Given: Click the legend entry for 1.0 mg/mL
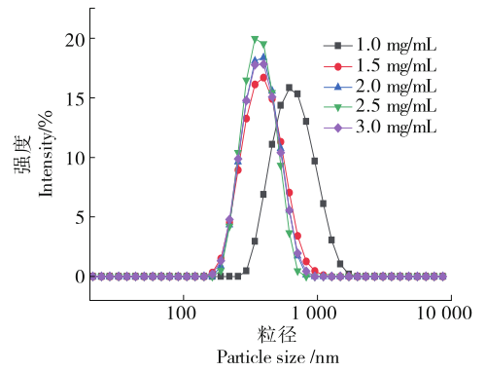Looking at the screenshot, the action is pos(380,45).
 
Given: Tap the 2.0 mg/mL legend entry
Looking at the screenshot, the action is pos(380,87).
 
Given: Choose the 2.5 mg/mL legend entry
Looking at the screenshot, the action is pos(380,107).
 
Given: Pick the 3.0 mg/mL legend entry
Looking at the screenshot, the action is pos(380,128).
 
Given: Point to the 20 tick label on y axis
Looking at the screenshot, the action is pos(75,40).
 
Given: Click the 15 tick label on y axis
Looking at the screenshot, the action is pos(76,98).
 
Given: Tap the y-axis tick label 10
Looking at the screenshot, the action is pos(76,158).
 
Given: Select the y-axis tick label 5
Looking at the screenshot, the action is pos(81,217).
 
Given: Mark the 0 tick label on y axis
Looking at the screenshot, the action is pos(81,277).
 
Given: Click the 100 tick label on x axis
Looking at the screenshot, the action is pos(182,314).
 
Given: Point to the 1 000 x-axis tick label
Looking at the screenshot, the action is pos(314,314).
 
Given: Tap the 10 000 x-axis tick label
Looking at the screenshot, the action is pos(444,314).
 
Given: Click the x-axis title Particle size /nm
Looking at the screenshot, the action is pos(278,357).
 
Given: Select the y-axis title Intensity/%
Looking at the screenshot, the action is pos(46,154).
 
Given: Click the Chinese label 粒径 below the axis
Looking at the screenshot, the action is pos(277,335).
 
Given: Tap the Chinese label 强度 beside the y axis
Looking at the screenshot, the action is pos(22,154).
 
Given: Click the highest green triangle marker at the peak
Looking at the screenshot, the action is pos(255,39).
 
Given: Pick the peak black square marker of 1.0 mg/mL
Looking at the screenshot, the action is pos(289,88).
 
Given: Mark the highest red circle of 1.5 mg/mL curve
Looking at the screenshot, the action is pos(263,78).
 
